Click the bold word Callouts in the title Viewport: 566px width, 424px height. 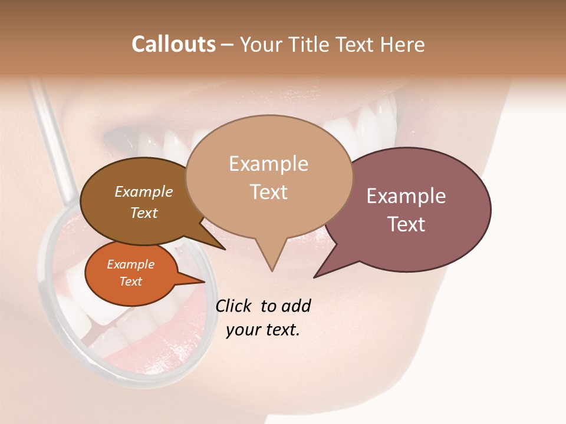point(173,44)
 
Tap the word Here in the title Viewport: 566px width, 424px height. point(402,44)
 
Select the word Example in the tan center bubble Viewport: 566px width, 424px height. point(268,164)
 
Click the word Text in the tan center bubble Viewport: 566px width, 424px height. point(268,191)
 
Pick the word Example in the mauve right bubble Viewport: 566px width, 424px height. point(406,196)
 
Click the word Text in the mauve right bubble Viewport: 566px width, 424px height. point(406,224)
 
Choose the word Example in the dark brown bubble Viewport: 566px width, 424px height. point(143,191)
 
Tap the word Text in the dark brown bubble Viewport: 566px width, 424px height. point(143,213)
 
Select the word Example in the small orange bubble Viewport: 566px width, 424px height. point(130,264)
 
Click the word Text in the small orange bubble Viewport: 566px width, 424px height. point(130,281)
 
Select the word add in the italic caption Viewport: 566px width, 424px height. point(295,306)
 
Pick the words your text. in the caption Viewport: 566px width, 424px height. point(262,330)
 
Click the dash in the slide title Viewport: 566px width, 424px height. point(228,44)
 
